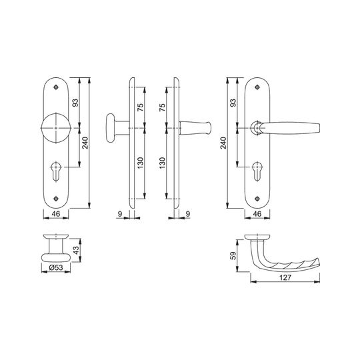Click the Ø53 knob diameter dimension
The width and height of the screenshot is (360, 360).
[x=56, y=267]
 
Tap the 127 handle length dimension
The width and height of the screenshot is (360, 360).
[x=285, y=277]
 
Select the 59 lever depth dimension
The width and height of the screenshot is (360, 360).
[x=233, y=255]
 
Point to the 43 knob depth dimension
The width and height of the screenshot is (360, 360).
[x=76, y=250]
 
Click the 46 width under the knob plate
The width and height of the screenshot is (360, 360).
[x=56, y=214]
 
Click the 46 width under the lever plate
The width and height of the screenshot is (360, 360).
[x=257, y=214]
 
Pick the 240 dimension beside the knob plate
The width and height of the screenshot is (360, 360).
[x=85, y=143]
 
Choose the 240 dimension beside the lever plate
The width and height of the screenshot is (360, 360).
[x=223, y=143]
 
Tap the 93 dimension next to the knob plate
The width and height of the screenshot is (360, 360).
[x=75, y=103]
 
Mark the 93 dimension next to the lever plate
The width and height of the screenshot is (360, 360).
[x=233, y=103]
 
